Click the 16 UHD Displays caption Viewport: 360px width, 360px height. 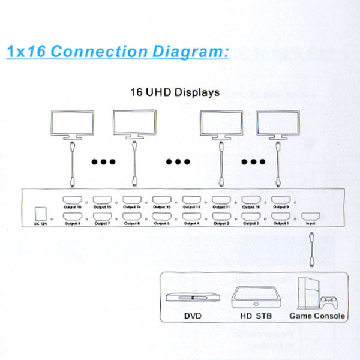(x=175, y=93)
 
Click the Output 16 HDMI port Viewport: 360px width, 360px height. (x=71, y=200)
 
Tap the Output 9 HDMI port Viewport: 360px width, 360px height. (x=281, y=200)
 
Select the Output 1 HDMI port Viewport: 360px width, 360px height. (x=281, y=217)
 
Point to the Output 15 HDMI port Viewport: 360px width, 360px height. (x=101, y=200)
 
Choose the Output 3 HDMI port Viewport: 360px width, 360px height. (x=221, y=217)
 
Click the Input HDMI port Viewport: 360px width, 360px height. (x=310, y=217)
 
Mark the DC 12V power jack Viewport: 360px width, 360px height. (x=41, y=214)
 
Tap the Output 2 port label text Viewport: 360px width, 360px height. (x=251, y=224)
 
